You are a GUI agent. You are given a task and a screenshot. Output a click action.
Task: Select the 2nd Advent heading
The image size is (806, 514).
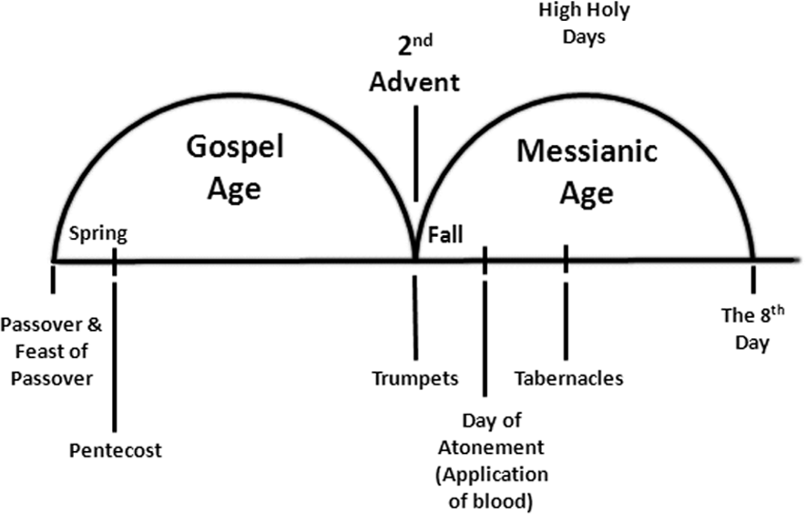coord(414,68)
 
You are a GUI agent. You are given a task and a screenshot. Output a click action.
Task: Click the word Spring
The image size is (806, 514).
coord(98,235)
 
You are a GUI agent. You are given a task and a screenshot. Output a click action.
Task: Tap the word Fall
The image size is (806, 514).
coord(445,235)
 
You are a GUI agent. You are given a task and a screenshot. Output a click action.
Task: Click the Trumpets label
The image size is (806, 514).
coord(415,376)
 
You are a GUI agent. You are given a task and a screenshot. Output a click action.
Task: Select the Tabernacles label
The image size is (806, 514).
coord(568,377)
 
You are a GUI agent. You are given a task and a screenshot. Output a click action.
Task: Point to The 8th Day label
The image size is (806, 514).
coord(752,329)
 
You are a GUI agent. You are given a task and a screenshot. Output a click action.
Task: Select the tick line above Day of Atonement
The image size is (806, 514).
coord(485,328)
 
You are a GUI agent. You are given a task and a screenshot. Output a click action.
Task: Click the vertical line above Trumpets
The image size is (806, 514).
coord(415,314)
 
